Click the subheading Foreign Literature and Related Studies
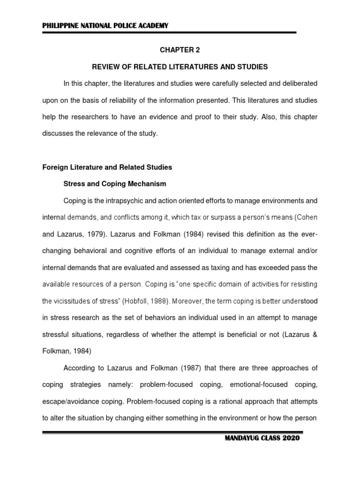107,167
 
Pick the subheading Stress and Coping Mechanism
115,184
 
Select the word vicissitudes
72,301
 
